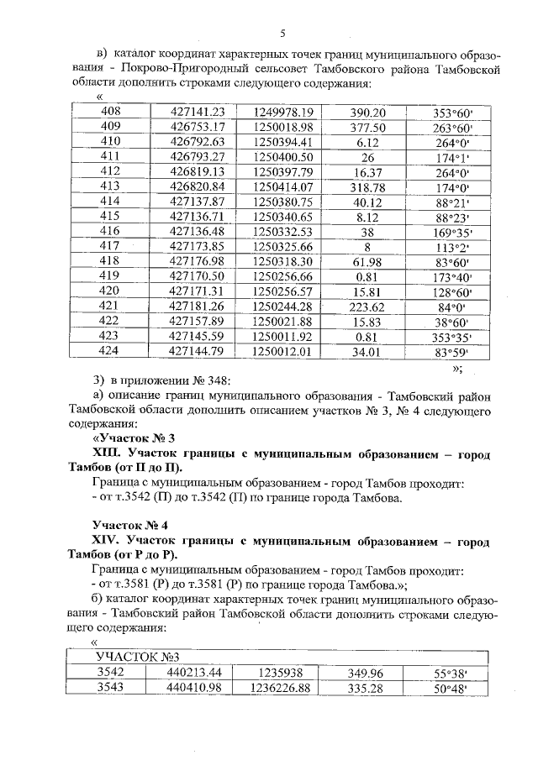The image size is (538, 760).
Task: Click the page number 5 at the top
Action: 282,33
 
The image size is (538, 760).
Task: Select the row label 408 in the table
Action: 110,112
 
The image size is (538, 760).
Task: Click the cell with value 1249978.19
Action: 282,112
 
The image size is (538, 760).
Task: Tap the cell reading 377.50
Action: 367,127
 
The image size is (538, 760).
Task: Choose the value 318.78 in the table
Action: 367,186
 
